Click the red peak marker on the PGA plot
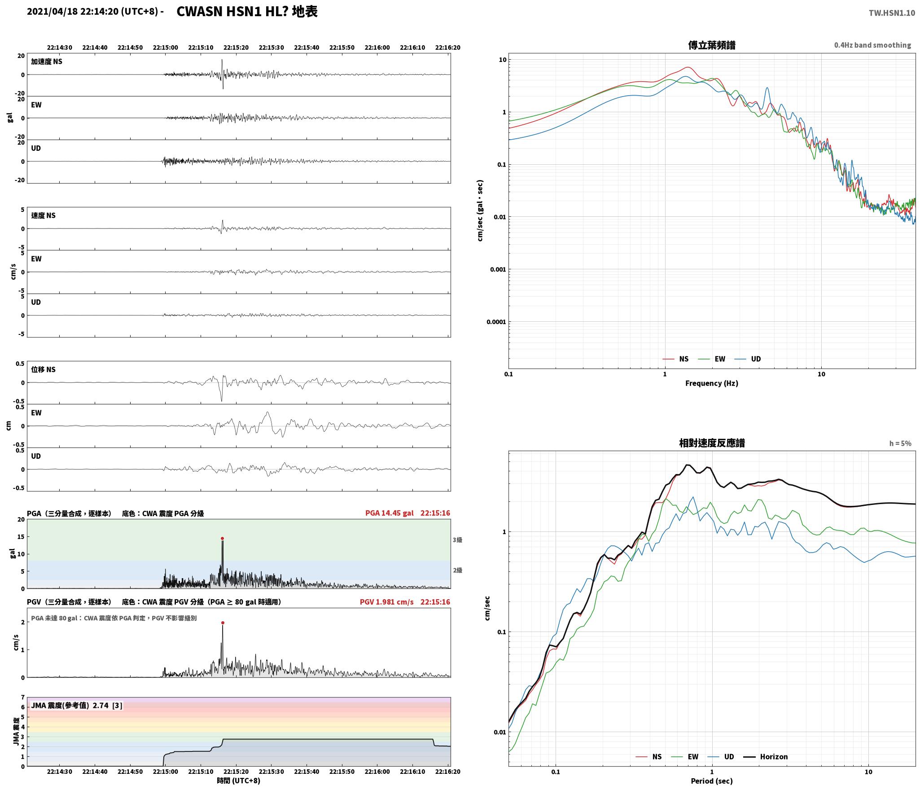pyautogui.click(x=222, y=538)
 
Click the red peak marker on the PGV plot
pyautogui.click(x=223, y=623)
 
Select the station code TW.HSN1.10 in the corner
pyautogui.click(x=892, y=13)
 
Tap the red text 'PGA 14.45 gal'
pyautogui.click(x=390, y=513)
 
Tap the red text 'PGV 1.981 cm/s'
pyautogui.click(x=387, y=602)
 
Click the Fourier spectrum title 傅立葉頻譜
pyautogui.click(x=712, y=45)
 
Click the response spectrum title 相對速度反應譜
pyautogui.click(x=712, y=443)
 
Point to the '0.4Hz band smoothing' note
pyautogui.click(x=872, y=45)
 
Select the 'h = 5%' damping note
pyautogui.click(x=900, y=443)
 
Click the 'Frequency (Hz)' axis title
pyautogui.click(x=712, y=383)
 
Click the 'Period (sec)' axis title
pyautogui.click(x=712, y=781)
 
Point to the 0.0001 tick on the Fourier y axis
pyautogui.click(x=496, y=322)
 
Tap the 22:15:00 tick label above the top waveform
pyautogui.click(x=166, y=48)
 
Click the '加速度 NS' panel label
pyautogui.click(x=47, y=61)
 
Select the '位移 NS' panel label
pyautogui.click(x=43, y=369)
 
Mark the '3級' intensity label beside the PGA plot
pyautogui.click(x=457, y=540)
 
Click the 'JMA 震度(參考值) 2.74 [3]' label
pyautogui.click(x=76, y=706)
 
